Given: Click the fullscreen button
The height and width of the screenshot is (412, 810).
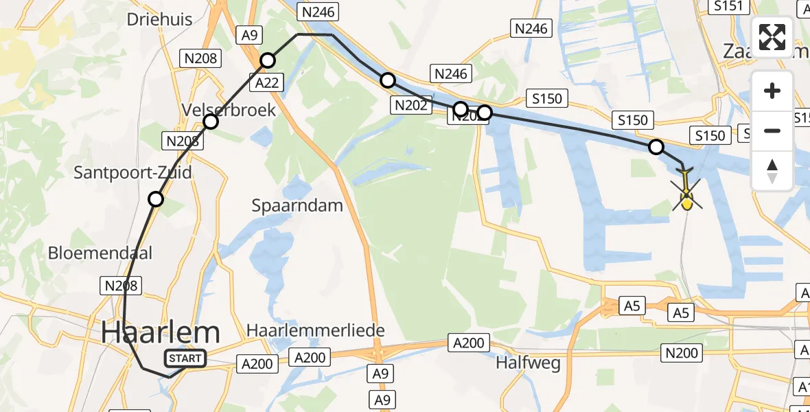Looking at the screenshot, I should [772, 36].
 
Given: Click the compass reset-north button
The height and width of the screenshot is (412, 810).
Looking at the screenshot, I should [772, 171].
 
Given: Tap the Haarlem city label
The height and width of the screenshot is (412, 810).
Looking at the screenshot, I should [161, 333].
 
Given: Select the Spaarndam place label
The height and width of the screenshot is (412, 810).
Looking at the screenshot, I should [297, 205].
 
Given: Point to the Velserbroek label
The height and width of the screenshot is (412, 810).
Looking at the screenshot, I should [229, 110].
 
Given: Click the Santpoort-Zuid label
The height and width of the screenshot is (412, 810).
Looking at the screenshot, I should [132, 172].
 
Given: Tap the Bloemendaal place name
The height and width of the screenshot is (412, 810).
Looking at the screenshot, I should [100, 253].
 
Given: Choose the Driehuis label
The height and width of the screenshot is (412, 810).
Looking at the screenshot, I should [159, 19].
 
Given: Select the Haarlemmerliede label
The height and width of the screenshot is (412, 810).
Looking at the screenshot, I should [316, 330].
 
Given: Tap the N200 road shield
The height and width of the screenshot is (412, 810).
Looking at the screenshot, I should [682, 354].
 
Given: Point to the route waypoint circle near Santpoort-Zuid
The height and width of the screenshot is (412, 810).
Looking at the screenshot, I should [156, 199].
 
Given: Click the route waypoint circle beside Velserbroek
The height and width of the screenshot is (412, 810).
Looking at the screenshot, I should [211, 122].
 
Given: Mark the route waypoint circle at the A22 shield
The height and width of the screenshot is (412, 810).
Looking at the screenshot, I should [268, 61].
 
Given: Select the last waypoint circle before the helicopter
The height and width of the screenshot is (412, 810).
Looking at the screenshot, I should [656, 147].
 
